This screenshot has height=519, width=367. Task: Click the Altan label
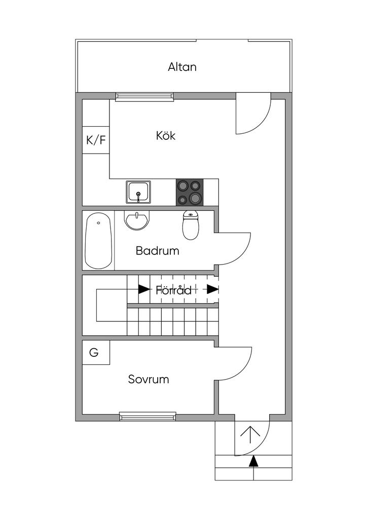click(x=182, y=67)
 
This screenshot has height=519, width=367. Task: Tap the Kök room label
click(x=166, y=135)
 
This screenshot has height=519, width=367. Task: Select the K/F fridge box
click(x=96, y=140)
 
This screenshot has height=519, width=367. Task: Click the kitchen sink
click(x=138, y=192)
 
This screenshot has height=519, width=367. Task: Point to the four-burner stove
click(x=190, y=192)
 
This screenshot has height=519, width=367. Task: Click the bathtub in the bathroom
click(x=98, y=241)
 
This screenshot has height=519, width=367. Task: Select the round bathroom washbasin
click(x=137, y=220)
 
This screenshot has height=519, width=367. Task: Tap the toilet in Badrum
click(x=191, y=225)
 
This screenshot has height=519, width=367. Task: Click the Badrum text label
click(x=158, y=250)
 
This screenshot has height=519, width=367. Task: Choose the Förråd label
click(x=174, y=290)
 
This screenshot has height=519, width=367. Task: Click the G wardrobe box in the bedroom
click(x=96, y=353)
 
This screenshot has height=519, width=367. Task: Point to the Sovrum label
click(x=149, y=379)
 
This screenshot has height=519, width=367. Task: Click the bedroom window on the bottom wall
click(x=148, y=417)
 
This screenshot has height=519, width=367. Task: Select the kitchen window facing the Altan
click(x=144, y=96)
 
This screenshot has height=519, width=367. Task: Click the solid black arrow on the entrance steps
click(x=253, y=461)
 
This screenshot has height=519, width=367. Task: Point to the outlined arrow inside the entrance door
click(x=250, y=434)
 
